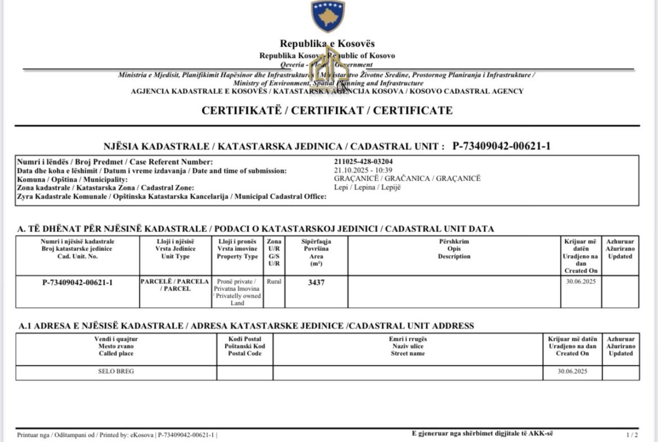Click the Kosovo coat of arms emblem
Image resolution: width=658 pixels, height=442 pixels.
point(328,16)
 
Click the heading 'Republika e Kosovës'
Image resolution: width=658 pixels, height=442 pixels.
point(327,43)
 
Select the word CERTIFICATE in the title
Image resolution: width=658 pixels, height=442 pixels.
point(413,110)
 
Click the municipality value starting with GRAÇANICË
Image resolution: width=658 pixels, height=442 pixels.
point(407,178)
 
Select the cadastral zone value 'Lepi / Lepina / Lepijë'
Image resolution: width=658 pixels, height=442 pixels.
point(367,187)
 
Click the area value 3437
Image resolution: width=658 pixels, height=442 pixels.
point(316,283)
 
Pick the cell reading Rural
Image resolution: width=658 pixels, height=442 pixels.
point(274,282)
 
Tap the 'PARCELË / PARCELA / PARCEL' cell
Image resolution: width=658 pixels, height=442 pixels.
point(175,285)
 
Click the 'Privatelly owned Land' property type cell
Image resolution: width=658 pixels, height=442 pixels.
point(237,292)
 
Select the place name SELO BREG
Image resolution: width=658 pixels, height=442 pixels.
point(116,372)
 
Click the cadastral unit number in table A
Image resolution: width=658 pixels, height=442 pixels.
point(78,283)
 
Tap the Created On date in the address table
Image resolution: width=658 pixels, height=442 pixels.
point(572,372)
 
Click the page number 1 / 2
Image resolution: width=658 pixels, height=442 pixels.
point(632,435)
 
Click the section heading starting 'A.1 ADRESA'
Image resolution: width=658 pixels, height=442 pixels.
point(246,326)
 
